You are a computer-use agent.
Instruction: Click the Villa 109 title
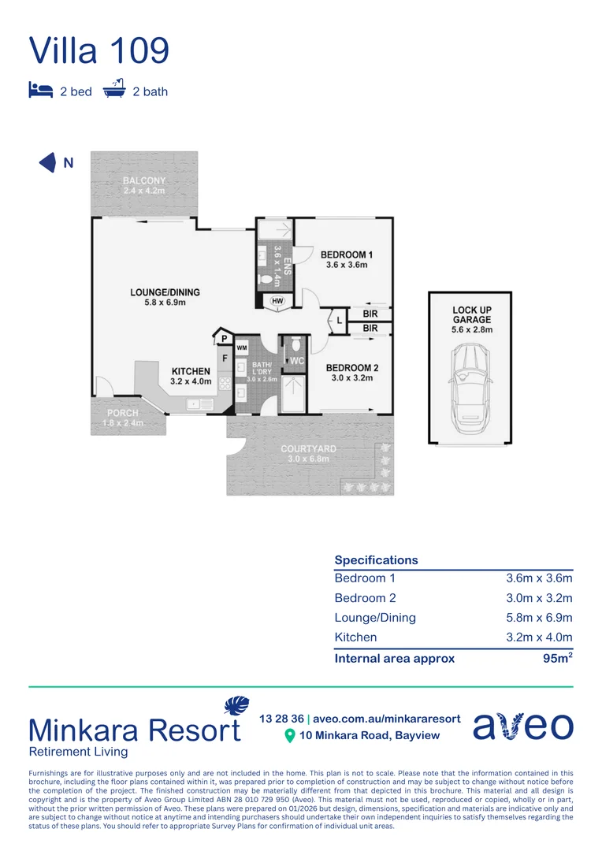click(x=99, y=50)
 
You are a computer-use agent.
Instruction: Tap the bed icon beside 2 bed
click(x=40, y=91)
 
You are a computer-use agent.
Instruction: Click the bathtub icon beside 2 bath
click(x=115, y=89)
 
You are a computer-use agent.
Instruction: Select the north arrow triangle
click(x=48, y=163)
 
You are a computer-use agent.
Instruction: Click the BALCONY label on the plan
click(x=144, y=181)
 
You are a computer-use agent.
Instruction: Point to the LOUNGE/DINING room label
click(x=165, y=292)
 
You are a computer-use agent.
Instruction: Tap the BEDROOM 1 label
click(x=347, y=255)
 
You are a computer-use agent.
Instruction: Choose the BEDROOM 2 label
click(x=352, y=368)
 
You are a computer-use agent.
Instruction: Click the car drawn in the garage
click(x=469, y=385)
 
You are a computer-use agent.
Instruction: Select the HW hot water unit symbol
click(x=277, y=301)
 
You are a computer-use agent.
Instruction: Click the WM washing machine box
click(x=242, y=347)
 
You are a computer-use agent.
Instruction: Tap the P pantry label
click(x=223, y=339)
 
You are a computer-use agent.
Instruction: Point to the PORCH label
click(x=122, y=413)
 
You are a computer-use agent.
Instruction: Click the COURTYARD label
click(x=309, y=449)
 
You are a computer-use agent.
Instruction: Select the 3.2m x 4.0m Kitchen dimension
click(x=538, y=637)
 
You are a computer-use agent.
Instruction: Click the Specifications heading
click(x=376, y=560)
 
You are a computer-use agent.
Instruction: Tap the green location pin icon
click(x=289, y=735)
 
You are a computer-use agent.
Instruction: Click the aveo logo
click(x=522, y=727)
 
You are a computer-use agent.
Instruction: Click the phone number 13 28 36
click(x=281, y=719)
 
